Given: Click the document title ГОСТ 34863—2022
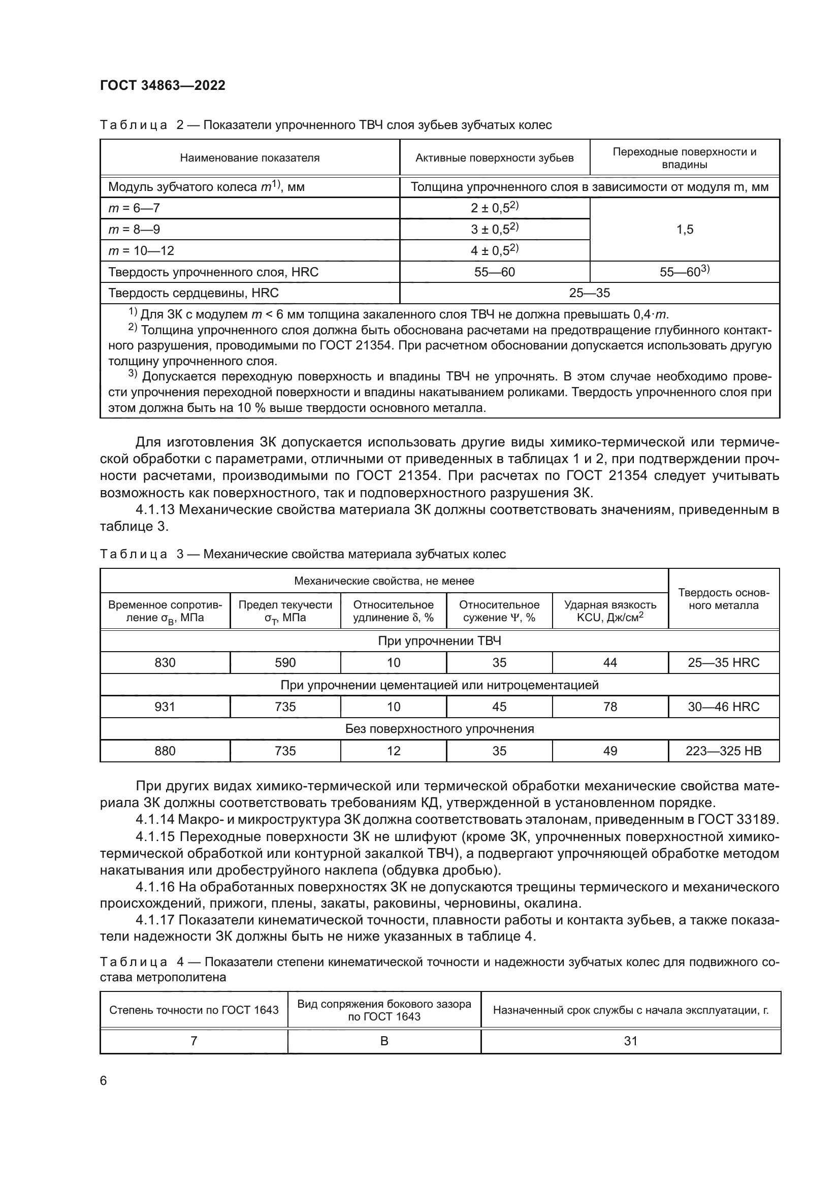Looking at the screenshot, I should coord(163,85).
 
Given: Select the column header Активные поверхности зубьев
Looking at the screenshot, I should coord(495,158).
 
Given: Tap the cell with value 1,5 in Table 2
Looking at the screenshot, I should coord(684,229).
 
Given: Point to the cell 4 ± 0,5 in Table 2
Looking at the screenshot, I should coord(494,251).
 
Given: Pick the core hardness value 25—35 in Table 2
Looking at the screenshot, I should coord(589,293).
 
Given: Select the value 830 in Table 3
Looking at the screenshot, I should coord(165,662).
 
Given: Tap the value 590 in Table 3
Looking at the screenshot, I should coord(285,662).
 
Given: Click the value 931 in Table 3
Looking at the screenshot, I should coord(165,707).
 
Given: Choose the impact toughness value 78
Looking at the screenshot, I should coord(610,707).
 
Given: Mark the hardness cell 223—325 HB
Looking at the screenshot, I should coord(723,750).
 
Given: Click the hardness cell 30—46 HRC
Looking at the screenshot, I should coord(723,707).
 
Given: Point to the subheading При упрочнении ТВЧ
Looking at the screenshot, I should coord(439,640).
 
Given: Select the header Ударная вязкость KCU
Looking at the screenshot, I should coord(610,611).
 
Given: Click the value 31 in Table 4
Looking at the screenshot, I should coord(631,1041).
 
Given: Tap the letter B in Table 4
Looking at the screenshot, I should coord(384,1041).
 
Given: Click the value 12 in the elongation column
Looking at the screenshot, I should coord(393,750).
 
